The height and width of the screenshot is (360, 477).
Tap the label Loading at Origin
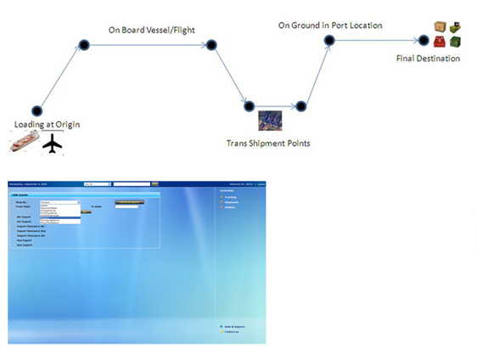48,125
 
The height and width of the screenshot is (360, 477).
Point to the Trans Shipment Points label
268,143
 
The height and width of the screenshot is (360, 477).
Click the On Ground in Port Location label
330,25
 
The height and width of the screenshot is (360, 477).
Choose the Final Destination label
429,59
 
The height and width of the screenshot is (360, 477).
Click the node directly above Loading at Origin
36,110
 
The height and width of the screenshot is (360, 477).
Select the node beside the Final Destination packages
423,40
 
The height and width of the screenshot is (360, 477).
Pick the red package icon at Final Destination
440,42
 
